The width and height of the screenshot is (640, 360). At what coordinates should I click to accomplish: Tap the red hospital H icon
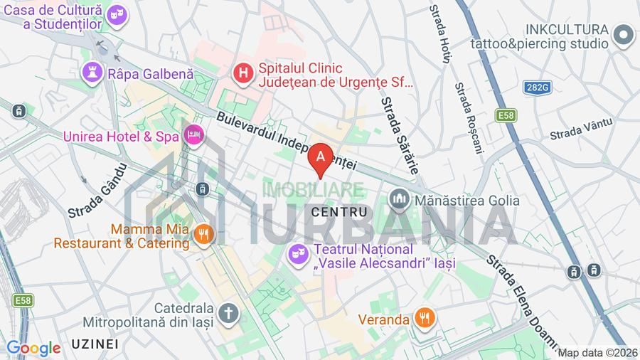244,72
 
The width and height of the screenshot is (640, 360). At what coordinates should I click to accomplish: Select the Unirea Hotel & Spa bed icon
193,134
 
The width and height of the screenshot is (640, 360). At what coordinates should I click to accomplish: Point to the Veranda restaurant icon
425,319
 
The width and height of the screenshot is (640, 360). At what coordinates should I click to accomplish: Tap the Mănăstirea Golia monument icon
399,200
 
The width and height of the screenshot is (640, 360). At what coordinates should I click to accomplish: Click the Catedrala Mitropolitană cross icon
228,312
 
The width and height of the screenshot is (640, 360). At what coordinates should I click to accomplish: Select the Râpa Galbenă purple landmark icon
92,71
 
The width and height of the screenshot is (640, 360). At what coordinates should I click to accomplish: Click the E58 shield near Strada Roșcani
506,115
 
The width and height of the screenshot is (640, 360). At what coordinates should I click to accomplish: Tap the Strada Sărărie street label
399,135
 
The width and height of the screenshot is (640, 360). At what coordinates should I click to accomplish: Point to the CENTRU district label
339,212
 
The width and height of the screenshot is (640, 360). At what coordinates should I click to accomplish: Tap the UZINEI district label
94,344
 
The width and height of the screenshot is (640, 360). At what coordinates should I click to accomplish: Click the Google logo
33,348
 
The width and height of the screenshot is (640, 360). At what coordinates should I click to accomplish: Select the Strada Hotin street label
440,33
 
